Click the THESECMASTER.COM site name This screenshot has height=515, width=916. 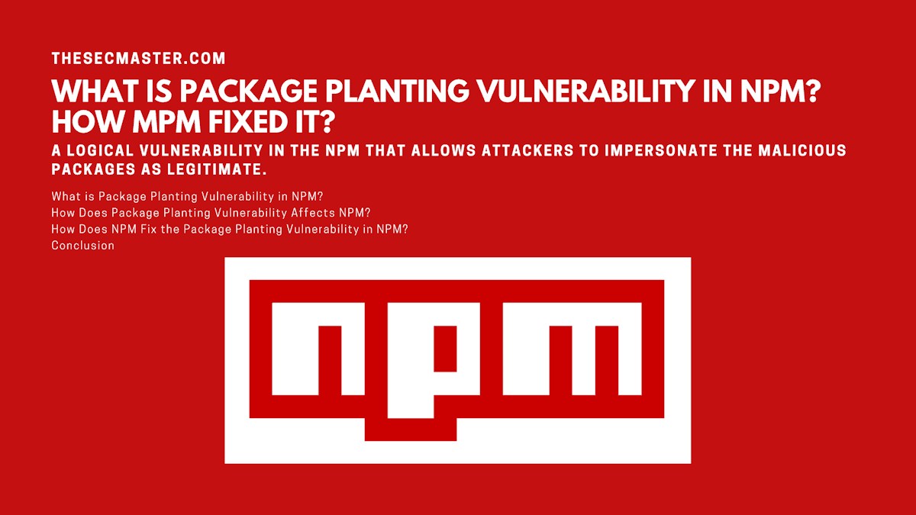pyautogui.click(x=138, y=58)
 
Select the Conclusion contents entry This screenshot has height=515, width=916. pyautogui.click(x=82, y=245)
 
